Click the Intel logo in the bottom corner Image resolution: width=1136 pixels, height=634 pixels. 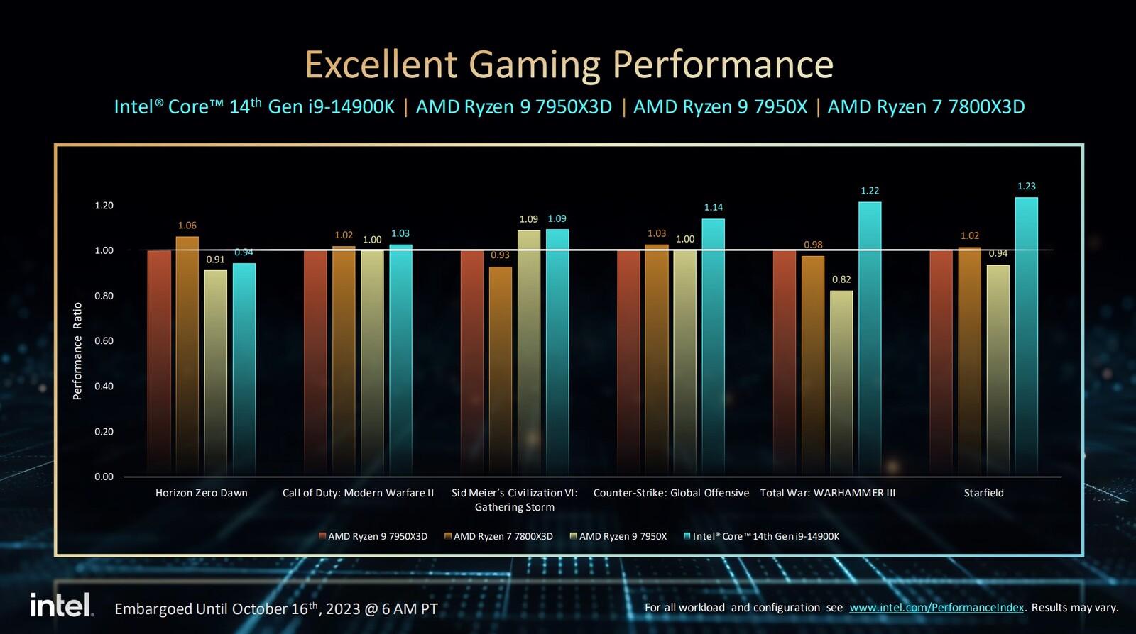[x=61, y=605]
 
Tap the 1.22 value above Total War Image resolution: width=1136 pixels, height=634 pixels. [x=870, y=191]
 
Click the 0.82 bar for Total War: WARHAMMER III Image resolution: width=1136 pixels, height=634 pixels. [x=841, y=383]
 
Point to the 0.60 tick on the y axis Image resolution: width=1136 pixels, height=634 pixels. [x=104, y=341]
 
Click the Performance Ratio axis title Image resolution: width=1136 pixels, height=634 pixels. [x=77, y=351]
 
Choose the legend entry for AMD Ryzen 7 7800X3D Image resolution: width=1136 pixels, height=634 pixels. [x=498, y=537]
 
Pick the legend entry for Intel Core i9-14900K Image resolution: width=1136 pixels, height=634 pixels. [x=761, y=537]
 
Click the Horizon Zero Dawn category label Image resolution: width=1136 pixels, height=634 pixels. [x=202, y=493]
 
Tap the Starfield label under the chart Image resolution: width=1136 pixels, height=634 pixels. [x=983, y=493]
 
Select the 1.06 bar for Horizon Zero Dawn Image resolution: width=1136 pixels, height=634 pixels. [x=187, y=355]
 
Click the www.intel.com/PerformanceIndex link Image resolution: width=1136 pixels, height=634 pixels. [x=936, y=608]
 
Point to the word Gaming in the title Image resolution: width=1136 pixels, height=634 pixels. [x=535, y=65]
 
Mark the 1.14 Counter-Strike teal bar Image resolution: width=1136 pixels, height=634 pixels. [x=714, y=347]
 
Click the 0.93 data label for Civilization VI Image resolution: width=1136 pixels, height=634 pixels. [x=500, y=255]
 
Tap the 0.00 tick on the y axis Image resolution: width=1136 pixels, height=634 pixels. [x=104, y=477]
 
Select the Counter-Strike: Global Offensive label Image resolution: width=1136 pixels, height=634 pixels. [x=671, y=493]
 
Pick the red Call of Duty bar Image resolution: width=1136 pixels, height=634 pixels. [x=315, y=362]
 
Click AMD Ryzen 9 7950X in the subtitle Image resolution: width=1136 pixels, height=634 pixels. [x=720, y=107]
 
